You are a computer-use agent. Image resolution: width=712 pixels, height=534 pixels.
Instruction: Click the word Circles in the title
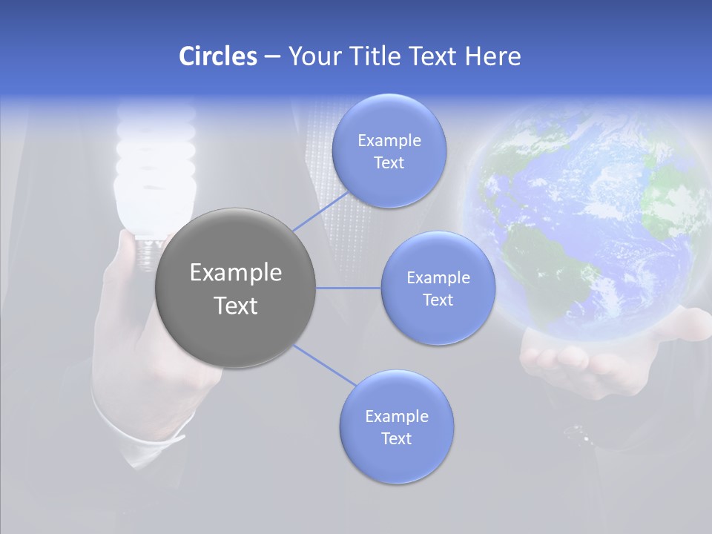(217, 56)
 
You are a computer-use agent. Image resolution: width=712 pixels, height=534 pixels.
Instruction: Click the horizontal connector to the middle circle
(349, 288)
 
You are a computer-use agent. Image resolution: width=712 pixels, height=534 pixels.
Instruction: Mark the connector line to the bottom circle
(325, 366)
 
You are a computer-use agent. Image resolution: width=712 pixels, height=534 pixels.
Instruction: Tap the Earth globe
(586, 222)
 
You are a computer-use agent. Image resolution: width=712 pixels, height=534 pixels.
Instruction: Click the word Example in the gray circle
(235, 273)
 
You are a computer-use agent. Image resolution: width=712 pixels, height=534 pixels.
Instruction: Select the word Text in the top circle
(389, 163)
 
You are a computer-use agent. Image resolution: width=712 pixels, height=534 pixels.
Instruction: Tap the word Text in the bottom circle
(396, 439)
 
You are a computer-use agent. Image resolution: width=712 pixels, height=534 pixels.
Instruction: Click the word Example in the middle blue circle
(438, 278)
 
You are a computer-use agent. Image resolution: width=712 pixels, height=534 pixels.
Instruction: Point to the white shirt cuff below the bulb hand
(148, 441)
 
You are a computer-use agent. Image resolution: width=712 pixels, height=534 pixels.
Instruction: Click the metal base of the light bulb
(148, 248)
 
